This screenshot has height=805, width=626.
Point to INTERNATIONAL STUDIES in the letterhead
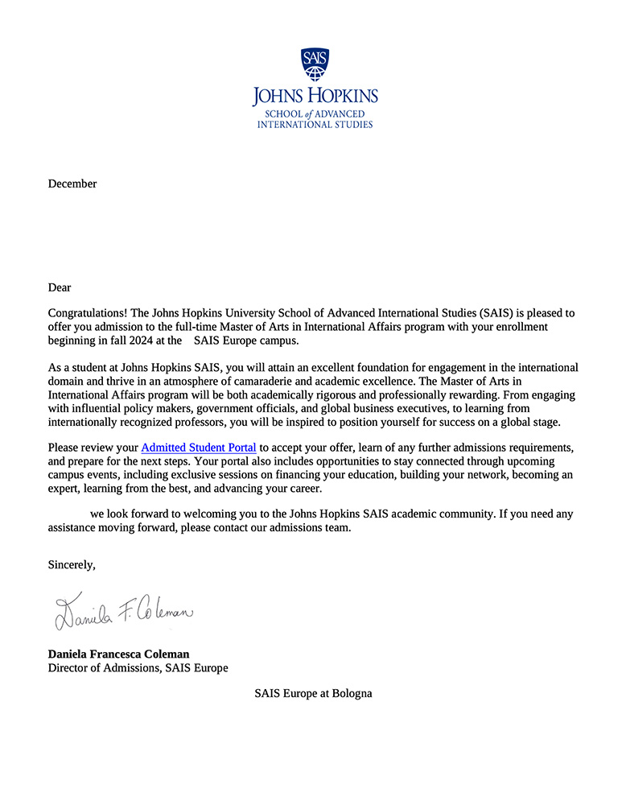(x=315, y=125)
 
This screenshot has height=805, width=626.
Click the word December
(x=72, y=184)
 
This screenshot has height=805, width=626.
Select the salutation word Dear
(x=60, y=287)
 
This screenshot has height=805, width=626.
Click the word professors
(x=217, y=423)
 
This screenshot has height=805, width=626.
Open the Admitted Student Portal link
(x=199, y=447)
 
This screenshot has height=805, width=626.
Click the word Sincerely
(x=72, y=564)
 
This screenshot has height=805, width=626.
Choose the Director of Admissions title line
(x=138, y=668)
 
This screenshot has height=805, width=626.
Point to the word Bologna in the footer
(x=351, y=693)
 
